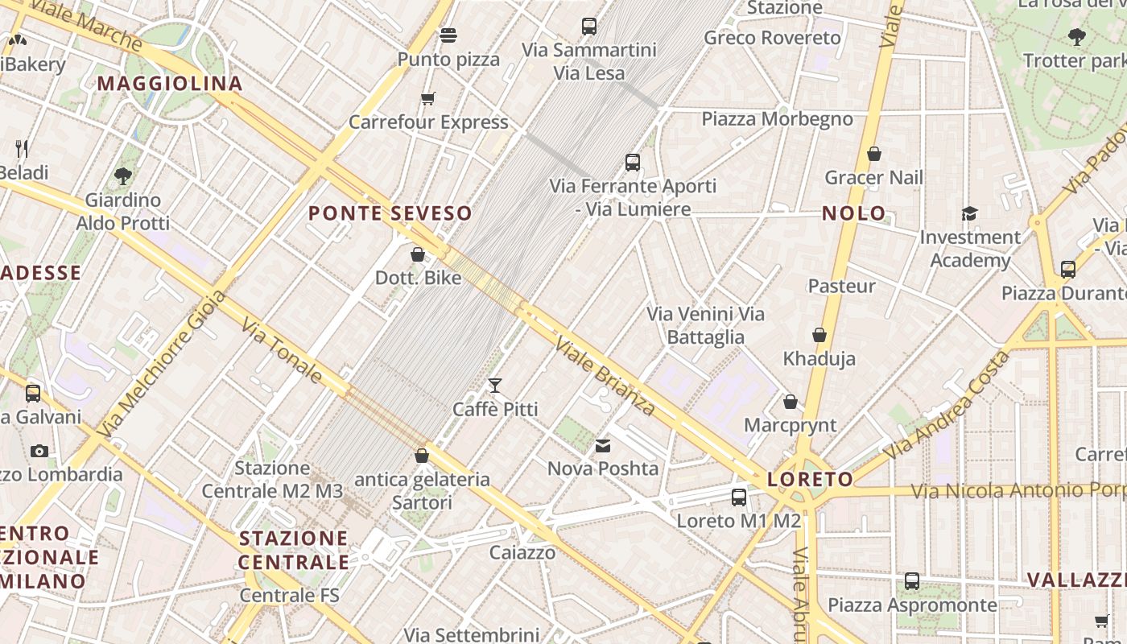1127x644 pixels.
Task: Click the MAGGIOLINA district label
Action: [x=170, y=84]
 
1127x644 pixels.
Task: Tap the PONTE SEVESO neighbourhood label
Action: [x=390, y=213]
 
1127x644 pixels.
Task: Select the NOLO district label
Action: [x=854, y=213]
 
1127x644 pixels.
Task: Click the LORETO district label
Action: [x=810, y=480]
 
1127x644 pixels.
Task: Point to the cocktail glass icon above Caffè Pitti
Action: [x=495, y=386]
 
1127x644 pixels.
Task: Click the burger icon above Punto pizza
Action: [x=448, y=35]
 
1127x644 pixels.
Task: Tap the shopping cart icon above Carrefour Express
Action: [x=428, y=98]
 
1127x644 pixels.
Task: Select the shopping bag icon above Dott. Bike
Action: [x=418, y=254]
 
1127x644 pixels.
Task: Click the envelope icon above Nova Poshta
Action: [x=603, y=446]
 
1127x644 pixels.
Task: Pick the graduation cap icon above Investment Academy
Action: [x=969, y=213]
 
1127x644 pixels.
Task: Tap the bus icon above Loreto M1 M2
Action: [x=739, y=497]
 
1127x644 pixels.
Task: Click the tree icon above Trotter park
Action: [x=1076, y=36]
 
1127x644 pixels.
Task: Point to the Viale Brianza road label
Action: [x=605, y=376]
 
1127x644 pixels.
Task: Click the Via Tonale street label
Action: [x=283, y=349]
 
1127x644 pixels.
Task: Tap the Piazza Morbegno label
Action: [x=777, y=119]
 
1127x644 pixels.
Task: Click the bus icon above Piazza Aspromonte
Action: [x=912, y=581]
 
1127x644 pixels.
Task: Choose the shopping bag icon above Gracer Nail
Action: [x=874, y=154]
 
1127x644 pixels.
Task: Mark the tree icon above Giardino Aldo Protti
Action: [x=123, y=175]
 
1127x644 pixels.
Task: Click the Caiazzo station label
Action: [x=522, y=552]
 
